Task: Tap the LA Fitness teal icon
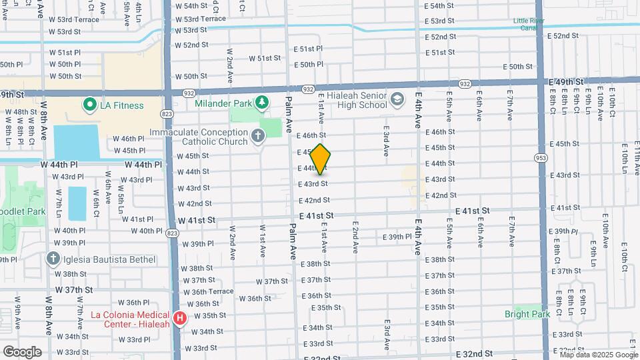coord(88,105)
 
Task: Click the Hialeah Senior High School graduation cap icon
coord(398,99)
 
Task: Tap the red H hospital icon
coord(179,319)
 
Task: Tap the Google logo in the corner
coord(21,351)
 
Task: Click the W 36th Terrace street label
coord(213,291)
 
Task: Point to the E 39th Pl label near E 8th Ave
coord(563,231)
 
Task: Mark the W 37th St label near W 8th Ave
coord(74,289)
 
